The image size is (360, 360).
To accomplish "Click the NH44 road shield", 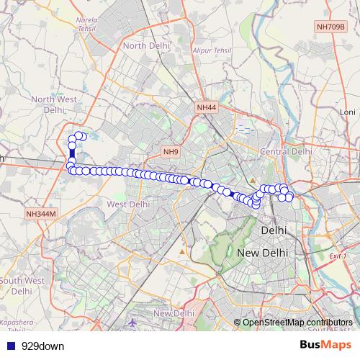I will (x=206, y=107).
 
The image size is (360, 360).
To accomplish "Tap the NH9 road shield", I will (x=171, y=152).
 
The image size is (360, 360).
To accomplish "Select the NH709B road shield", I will (x=331, y=27).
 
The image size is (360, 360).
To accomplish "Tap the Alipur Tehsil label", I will (x=211, y=50).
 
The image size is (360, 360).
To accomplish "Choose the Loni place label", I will (x=348, y=112).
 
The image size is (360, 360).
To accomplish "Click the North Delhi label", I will (x=147, y=45).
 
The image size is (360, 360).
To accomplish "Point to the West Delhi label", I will (x=128, y=204).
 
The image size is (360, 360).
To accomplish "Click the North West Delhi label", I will (x=52, y=104).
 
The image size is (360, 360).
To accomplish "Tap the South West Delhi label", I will (x=22, y=286).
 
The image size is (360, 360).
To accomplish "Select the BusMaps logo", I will (x=325, y=345).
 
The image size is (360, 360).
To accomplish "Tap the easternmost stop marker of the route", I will (x=289, y=197).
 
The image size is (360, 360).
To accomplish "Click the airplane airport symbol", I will (x=133, y=323).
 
